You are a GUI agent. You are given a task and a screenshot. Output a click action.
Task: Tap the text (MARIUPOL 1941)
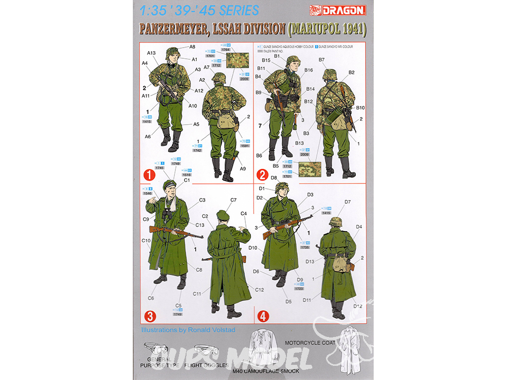[x=327, y=29]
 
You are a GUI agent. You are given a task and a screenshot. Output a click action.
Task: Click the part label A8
[x=192, y=47]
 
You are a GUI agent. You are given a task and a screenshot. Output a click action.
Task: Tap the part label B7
[x=321, y=60]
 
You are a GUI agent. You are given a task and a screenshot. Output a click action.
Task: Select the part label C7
[x=233, y=200]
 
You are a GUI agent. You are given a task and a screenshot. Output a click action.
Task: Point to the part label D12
[x=358, y=306]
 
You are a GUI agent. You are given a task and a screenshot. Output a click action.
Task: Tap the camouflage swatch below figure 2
[x=311, y=169]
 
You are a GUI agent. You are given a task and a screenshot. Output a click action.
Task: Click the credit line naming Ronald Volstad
[x=189, y=330]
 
